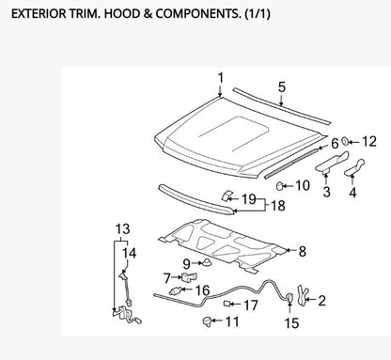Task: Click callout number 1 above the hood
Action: (221, 77)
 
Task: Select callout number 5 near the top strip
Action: (282, 86)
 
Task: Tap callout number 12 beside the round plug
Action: (368, 141)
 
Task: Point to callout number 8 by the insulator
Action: (302, 251)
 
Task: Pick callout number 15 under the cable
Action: (291, 322)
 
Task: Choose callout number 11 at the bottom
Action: (231, 321)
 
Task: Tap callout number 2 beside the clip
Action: (321, 301)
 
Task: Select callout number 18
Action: (279, 205)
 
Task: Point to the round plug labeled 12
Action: (345, 141)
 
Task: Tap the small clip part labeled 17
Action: (227, 304)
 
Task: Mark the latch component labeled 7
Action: (186, 277)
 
